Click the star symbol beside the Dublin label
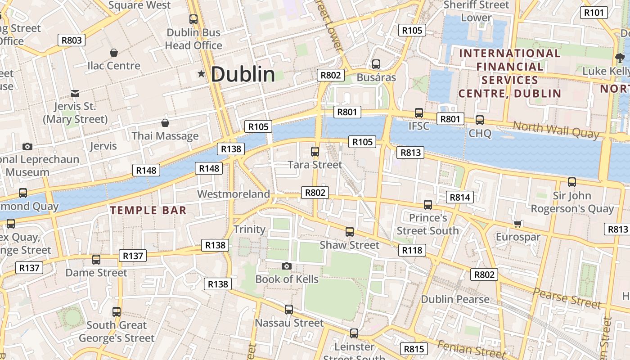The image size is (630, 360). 201,74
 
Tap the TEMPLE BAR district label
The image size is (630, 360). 148,210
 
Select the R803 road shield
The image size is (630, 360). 72,40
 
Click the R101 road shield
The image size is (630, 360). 594,13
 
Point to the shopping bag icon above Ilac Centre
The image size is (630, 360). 114,53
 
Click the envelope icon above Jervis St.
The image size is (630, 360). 75,94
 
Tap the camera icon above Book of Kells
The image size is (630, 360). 287,266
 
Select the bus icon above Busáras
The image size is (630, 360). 376,64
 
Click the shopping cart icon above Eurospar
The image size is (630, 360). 518,224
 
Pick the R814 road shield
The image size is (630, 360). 459,197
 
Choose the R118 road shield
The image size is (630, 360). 412,250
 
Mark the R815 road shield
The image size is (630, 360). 414,349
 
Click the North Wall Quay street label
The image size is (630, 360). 556,130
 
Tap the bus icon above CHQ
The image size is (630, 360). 480,120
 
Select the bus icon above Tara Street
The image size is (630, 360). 315,152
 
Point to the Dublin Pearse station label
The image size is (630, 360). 455,299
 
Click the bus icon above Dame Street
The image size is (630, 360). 96,260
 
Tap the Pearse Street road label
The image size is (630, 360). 567,298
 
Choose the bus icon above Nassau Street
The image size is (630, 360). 289,310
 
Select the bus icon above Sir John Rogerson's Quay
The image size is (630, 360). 572,182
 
